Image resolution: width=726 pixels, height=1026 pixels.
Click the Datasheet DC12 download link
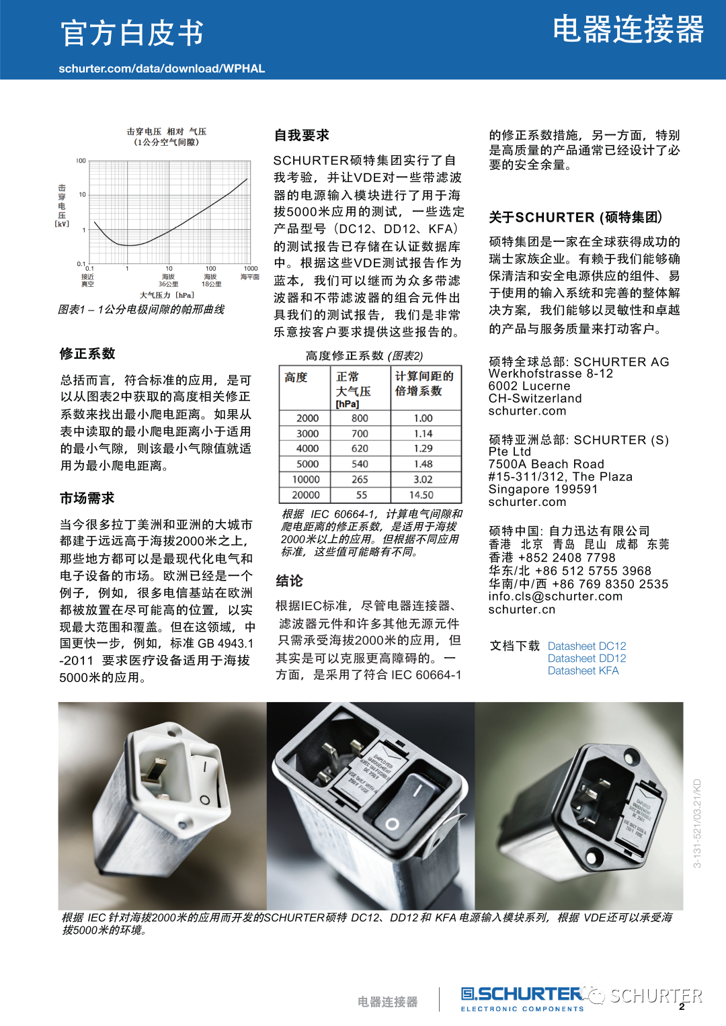587,646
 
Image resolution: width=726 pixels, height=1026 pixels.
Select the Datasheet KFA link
583,671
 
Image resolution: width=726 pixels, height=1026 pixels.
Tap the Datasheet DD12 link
587,658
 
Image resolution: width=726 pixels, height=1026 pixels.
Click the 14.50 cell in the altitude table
421,495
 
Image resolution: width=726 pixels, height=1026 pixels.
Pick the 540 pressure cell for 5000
360,464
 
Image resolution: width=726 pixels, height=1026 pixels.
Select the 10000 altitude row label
306,480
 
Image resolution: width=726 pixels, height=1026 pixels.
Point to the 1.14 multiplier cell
423,434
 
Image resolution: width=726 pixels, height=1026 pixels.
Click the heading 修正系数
87,354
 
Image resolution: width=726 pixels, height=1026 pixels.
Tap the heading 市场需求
87,499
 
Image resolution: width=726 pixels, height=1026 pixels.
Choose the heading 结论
289,581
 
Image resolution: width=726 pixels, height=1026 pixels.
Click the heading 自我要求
302,136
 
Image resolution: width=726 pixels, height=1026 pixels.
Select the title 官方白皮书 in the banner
132,34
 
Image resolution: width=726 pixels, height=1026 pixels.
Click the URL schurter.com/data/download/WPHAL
162,69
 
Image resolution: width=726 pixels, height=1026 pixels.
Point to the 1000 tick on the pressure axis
251,269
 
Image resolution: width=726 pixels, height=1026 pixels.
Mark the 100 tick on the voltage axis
81,161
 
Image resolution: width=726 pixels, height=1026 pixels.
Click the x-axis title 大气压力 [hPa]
167,295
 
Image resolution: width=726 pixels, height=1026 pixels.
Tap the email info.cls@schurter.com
555,597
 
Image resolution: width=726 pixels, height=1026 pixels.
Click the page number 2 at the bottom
682,1007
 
